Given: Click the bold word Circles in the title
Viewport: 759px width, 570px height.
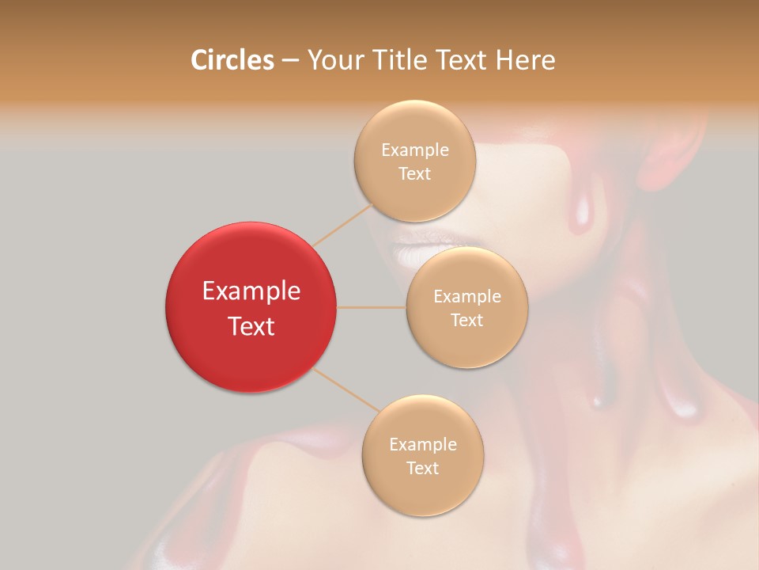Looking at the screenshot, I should click(x=232, y=60).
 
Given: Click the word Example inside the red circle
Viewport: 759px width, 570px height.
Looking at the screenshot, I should click(x=251, y=291).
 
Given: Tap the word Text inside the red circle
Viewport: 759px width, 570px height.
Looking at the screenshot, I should click(x=251, y=326).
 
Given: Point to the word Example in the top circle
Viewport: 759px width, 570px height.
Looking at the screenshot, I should click(x=415, y=150).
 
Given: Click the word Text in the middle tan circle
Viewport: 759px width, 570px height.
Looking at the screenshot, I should click(x=466, y=321).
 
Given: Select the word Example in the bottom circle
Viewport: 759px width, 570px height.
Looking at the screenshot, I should click(x=423, y=445).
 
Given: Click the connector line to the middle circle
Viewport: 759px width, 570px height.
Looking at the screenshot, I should click(x=372, y=307).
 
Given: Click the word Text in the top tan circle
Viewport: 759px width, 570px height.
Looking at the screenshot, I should click(x=414, y=174).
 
